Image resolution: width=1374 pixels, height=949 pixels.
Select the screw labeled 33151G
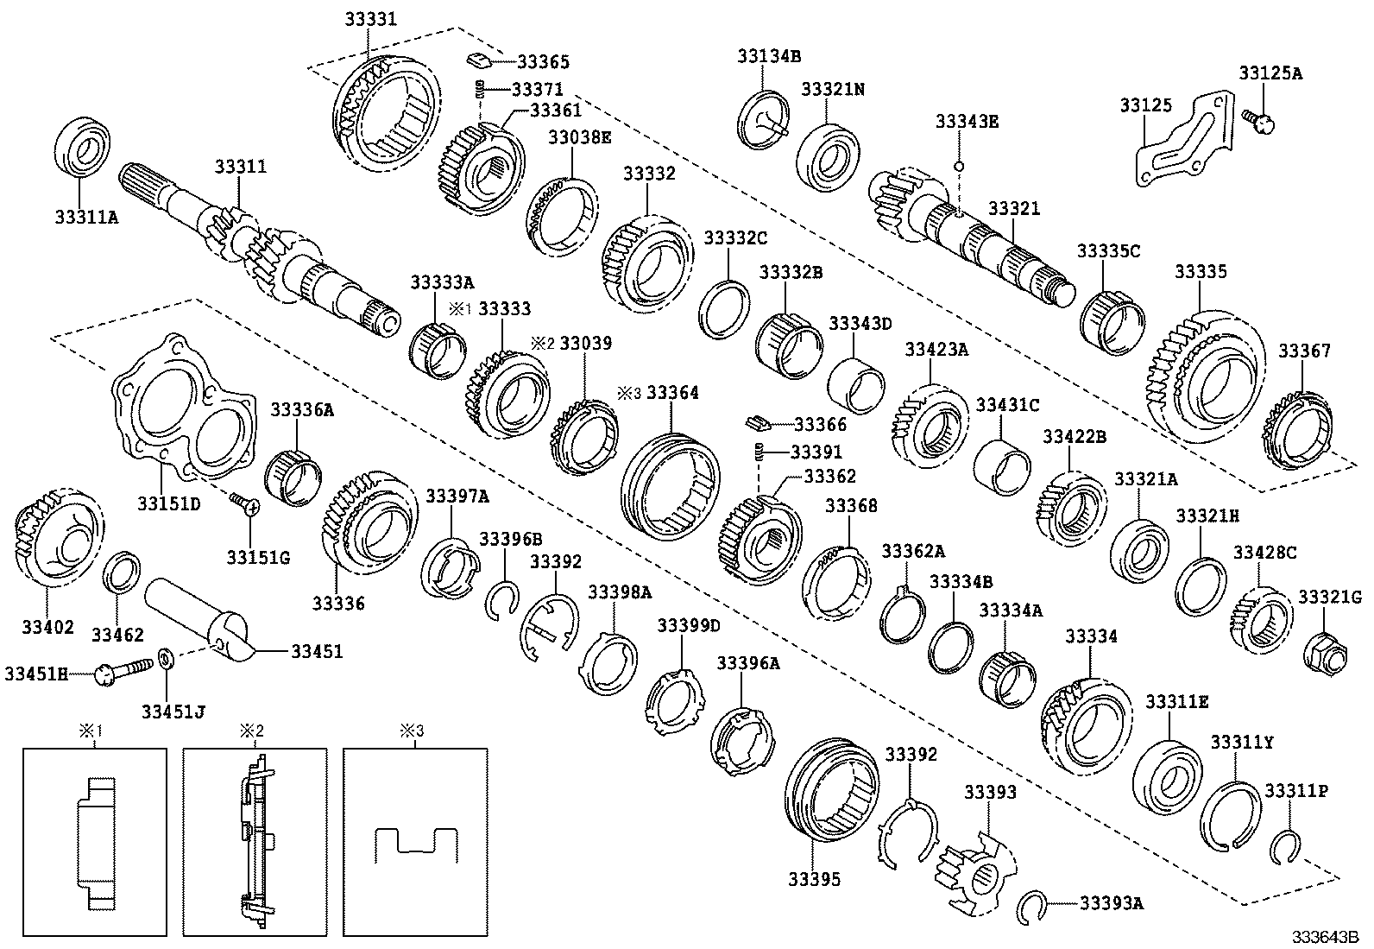pyautogui.click(x=243, y=503)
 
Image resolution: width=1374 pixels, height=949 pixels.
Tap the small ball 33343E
pyautogui.click(x=960, y=164)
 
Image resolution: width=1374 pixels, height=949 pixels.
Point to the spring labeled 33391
pyautogui.click(x=760, y=452)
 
